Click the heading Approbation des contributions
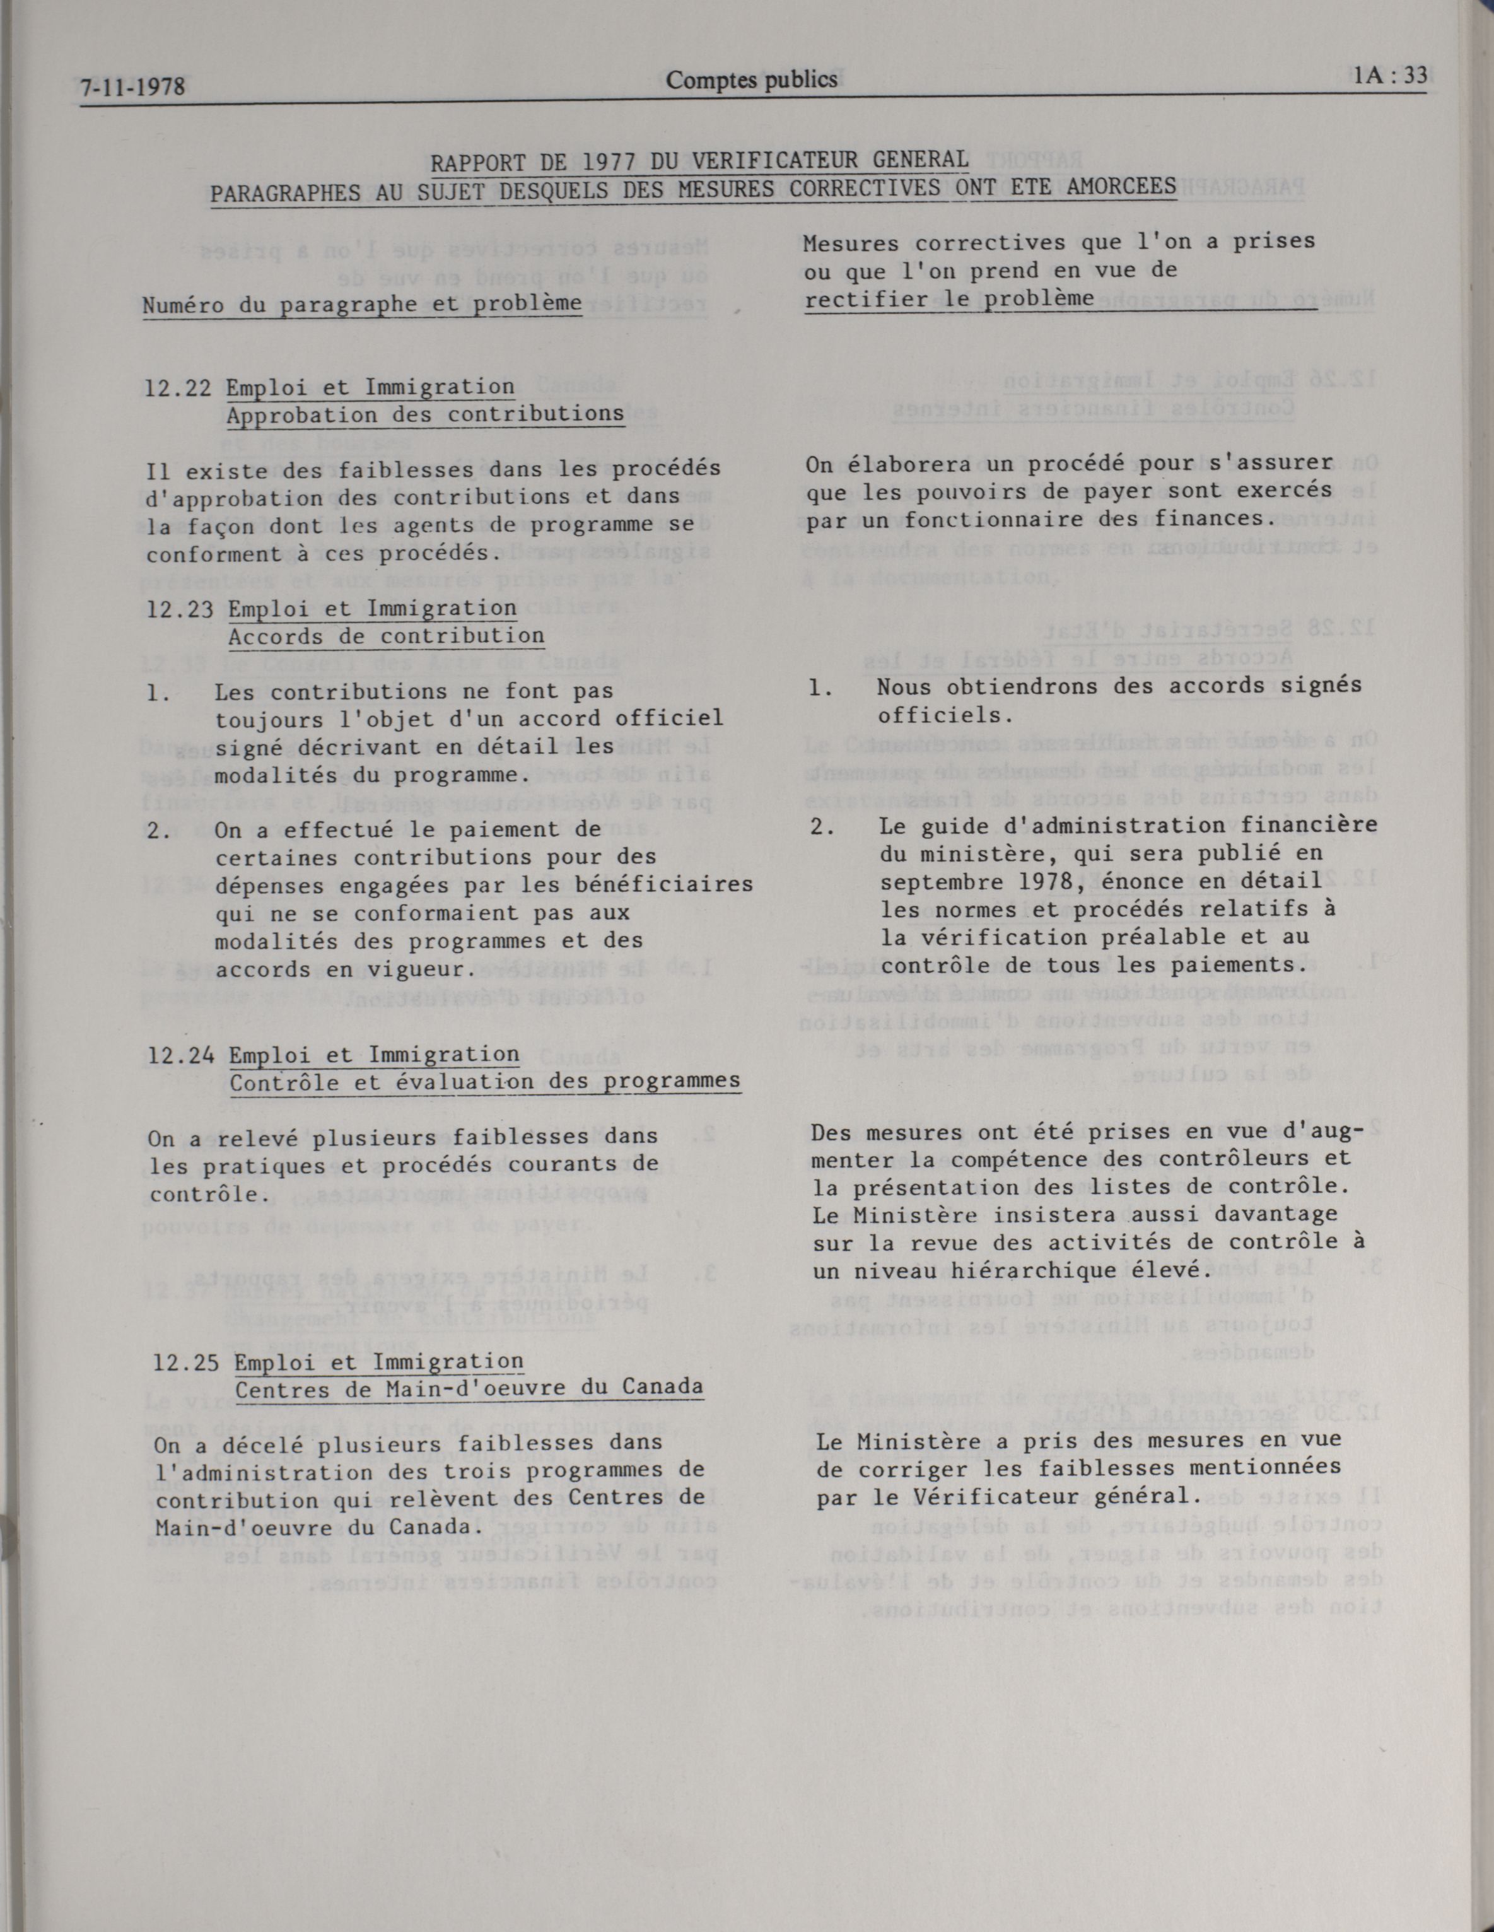tap(424, 415)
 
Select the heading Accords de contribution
tap(387, 636)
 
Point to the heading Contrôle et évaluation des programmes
tap(485, 1081)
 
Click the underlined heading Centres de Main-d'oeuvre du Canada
tap(469, 1387)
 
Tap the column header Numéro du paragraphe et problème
tap(363, 303)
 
